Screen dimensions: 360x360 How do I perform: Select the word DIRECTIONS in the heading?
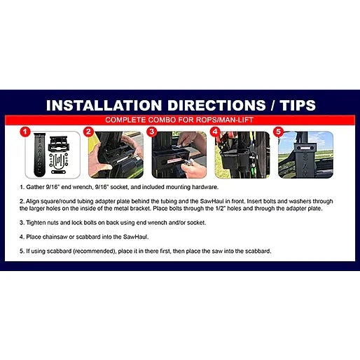(214, 106)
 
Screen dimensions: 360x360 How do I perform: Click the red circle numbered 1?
(25, 131)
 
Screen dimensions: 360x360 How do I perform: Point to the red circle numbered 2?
(88, 131)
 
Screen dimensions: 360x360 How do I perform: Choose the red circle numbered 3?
(151, 131)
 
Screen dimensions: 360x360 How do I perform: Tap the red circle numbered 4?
(216, 131)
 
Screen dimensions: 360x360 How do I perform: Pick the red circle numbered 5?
(278, 131)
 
